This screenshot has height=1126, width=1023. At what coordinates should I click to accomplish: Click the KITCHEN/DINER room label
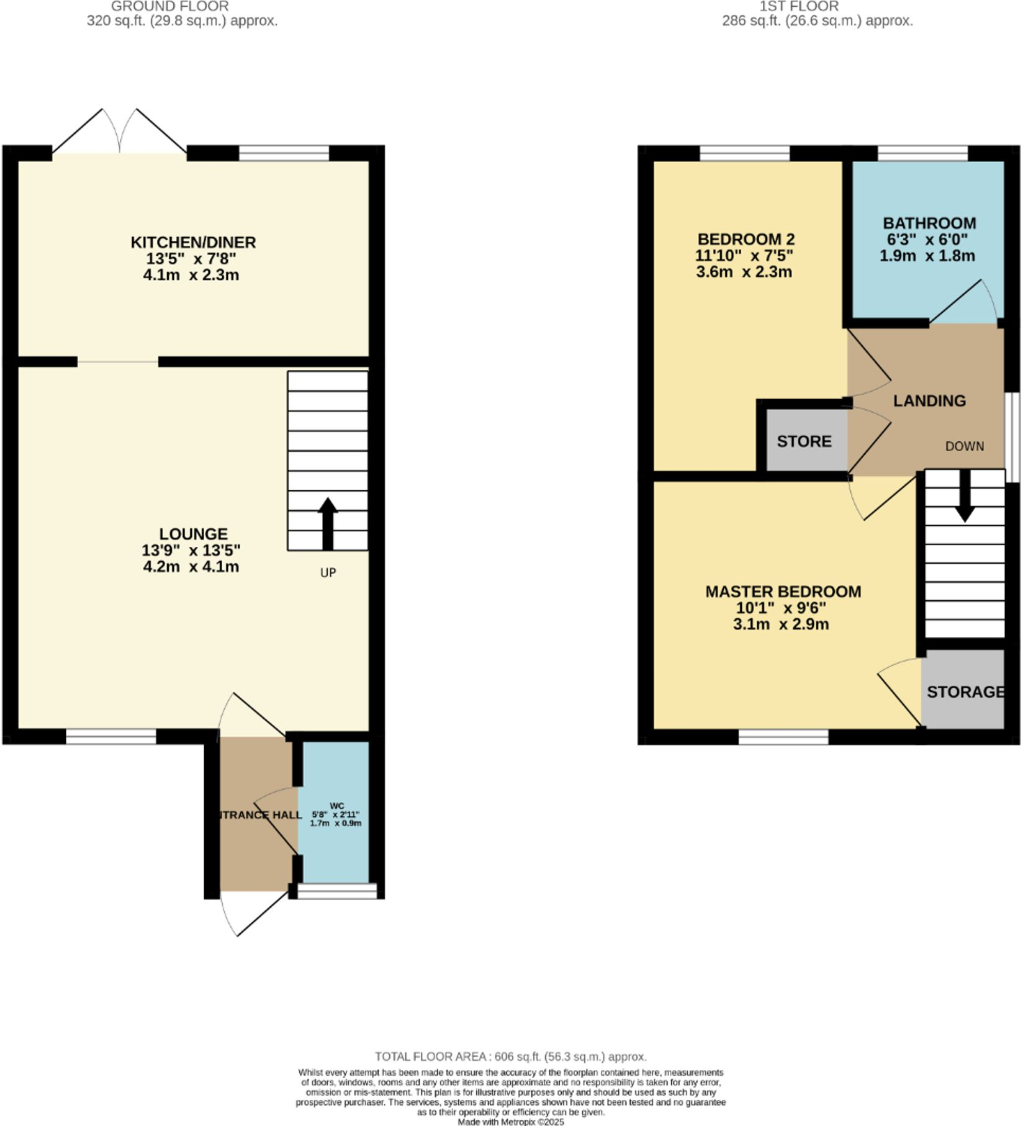point(193,242)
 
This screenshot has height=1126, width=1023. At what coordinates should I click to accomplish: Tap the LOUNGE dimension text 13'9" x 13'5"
point(191,551)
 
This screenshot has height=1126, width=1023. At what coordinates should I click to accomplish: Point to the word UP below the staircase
point(328,572)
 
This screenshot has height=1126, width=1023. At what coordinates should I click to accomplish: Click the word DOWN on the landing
point(964,446)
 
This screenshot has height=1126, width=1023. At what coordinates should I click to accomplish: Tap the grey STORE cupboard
point(804,441)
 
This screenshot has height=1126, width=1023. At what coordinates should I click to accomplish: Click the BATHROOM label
point(929,223)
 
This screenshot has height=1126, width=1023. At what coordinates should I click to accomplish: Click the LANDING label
point(929,401)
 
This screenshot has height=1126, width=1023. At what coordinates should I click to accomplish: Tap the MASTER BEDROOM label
point(783,592)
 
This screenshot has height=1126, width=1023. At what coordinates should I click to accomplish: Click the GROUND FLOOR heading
point(169,6)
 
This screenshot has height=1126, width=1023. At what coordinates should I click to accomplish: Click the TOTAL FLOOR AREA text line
point(510,1056)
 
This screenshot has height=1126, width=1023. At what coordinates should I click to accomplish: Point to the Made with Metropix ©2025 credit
point(510,1122)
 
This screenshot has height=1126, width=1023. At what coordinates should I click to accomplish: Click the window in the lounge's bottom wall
point(111,737)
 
